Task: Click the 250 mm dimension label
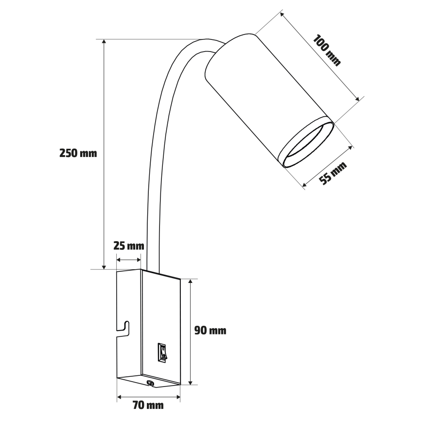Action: tap(78, 153)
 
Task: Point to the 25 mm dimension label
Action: tap(129, 246)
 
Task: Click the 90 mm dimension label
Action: tap(210, 331)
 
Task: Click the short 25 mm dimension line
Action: tap(129, 260)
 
